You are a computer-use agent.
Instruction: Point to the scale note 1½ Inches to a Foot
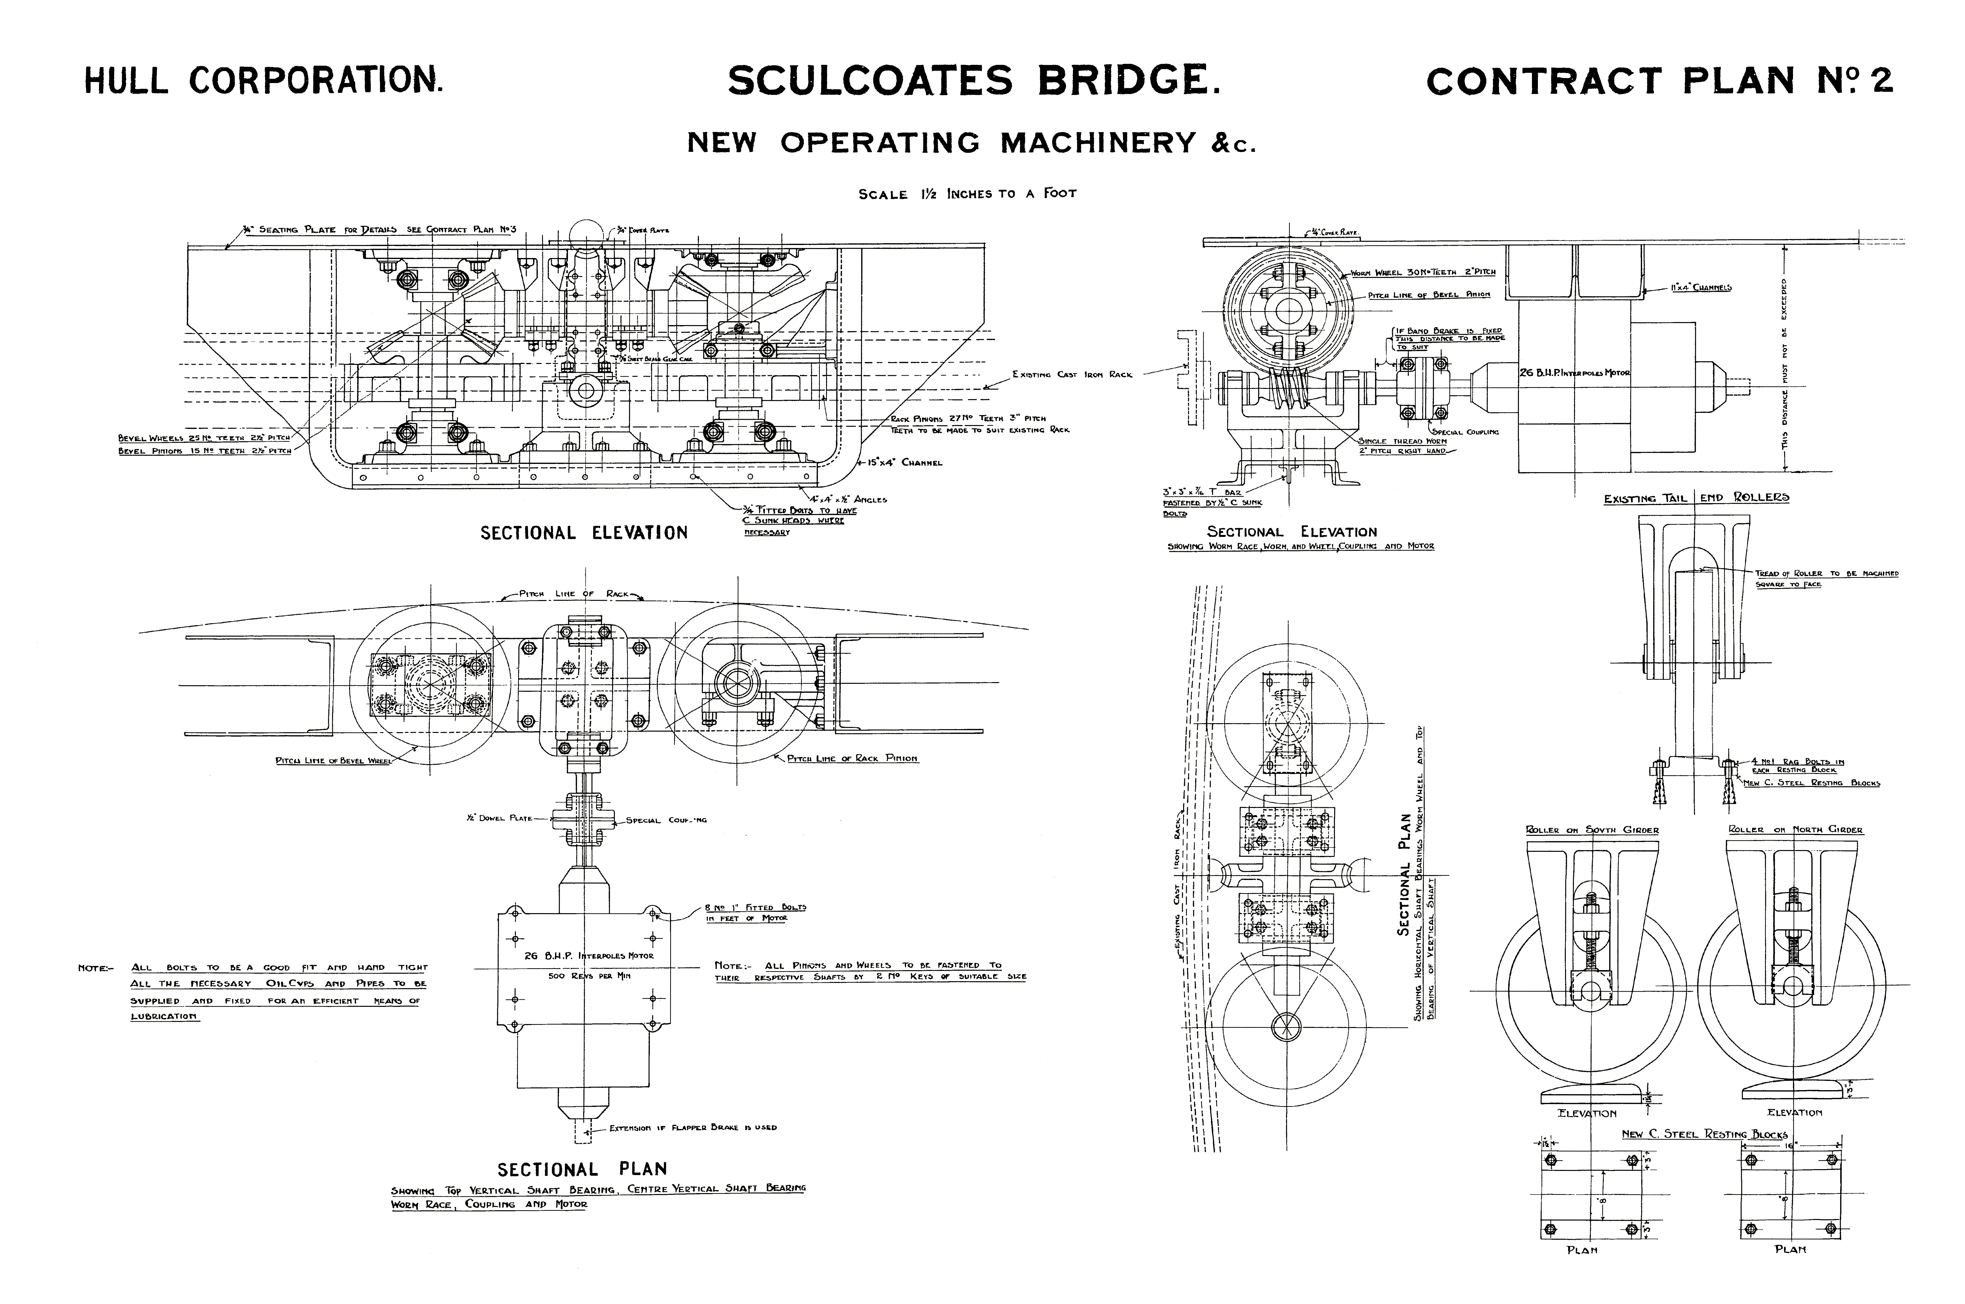[967, 194]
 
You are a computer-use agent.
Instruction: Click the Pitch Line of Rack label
[574, 594]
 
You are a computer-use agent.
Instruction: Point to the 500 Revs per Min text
[589, 975]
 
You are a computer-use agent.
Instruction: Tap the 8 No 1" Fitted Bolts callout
[755, 907]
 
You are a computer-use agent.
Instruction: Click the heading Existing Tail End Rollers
[1696, 497]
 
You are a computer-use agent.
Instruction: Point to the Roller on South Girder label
[1592, 830]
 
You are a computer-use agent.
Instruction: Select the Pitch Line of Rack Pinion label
[852, 759]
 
